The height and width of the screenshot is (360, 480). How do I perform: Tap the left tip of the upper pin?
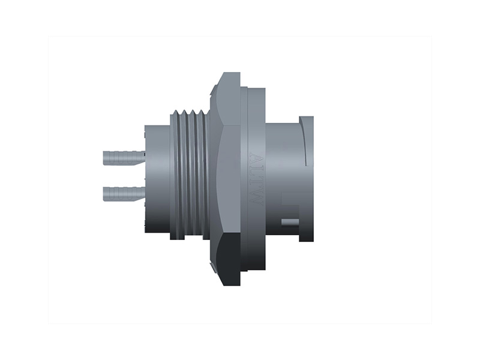105,158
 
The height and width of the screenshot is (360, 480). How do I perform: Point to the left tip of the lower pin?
105,194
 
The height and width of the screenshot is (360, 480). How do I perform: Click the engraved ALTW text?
256,179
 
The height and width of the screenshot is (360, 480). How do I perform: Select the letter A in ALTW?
256,160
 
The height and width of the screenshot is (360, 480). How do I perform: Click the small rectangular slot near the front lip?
290,223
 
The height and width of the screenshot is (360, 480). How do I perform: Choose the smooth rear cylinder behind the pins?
157,180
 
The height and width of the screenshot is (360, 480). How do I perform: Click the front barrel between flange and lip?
282,174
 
